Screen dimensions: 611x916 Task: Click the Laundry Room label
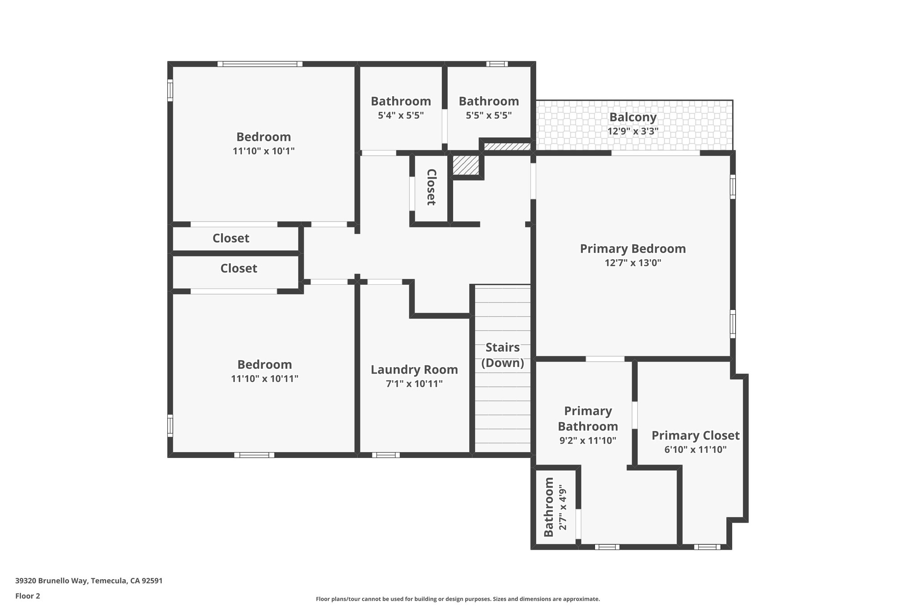tap(414, 370)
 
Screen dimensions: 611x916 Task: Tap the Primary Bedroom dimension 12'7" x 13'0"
tap(632, 263)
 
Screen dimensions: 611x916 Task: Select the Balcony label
tap(632, 117)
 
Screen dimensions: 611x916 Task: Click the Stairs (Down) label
tap(502, 355)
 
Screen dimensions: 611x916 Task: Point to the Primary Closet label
tap(695, 435)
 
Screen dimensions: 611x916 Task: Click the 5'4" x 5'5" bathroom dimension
tap(401, 115)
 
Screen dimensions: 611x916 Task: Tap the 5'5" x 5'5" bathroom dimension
tap(488, 115)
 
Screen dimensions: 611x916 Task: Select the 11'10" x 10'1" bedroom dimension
tap(263, 151)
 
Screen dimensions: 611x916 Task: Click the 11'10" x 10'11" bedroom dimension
tap(264, 379)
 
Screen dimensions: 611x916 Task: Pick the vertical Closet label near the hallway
tap(431, 187)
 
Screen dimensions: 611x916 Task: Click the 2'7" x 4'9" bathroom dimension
tap(563, 507)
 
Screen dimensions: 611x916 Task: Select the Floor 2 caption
tap(27, 596)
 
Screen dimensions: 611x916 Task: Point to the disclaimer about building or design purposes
tap(457, 599)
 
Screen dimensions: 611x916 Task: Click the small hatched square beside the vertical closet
tap(466, 165)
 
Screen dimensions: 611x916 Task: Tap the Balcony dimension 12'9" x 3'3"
tap(632, 131)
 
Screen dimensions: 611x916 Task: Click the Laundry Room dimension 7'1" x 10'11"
tap(414, 384)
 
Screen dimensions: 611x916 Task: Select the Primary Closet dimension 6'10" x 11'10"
tap(695, 449)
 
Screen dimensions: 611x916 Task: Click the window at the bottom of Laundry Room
tap(386, 455)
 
